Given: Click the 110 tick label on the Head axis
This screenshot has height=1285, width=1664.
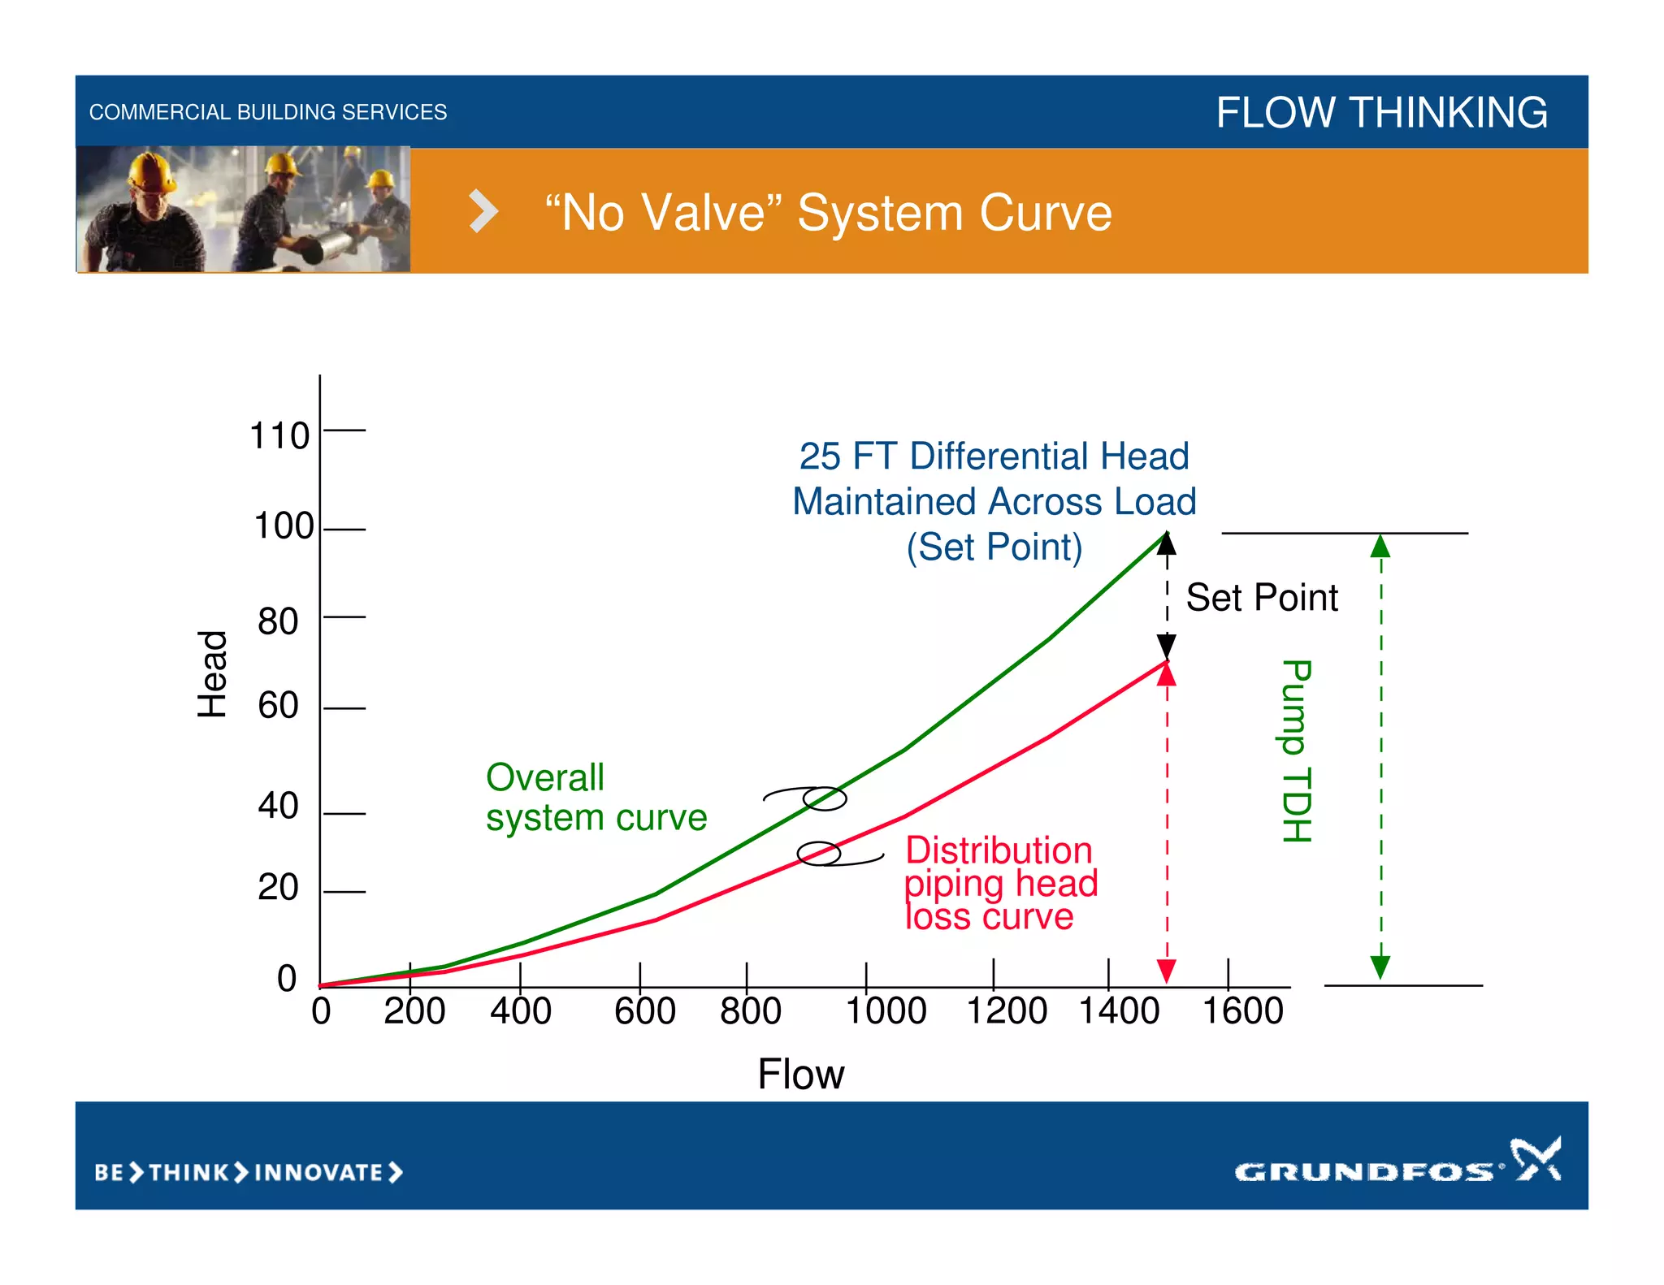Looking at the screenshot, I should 279,436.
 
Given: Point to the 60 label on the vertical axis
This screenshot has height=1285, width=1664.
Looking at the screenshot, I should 278,705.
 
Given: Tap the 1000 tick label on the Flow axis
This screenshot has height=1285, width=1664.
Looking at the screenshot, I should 886,1011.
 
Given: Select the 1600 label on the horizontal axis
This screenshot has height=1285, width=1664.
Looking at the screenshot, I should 1242,1011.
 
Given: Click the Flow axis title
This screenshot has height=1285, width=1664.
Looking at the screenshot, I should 800,1074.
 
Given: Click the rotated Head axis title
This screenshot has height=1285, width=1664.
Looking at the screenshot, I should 213,673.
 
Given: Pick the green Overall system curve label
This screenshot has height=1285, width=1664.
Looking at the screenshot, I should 596,798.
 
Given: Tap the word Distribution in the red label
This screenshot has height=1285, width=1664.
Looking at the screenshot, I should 999,850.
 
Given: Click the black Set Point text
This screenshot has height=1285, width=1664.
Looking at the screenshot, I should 1261,598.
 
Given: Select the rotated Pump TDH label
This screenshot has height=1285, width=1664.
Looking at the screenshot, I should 1297,751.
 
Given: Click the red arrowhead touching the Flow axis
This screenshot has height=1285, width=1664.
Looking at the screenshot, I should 1167,971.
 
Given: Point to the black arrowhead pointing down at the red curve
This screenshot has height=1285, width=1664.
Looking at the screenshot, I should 1167,647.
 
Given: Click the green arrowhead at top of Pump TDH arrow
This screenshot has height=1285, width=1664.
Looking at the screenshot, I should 1380,547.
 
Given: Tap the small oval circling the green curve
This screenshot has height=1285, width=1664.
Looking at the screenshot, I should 825,798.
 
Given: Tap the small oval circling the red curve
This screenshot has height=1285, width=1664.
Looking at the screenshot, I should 818,854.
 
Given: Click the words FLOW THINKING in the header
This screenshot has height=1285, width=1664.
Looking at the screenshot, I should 1381,112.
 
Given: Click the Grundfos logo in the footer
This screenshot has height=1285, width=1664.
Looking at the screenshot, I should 1397,1162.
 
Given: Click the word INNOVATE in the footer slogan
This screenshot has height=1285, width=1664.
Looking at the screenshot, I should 318,1173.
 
